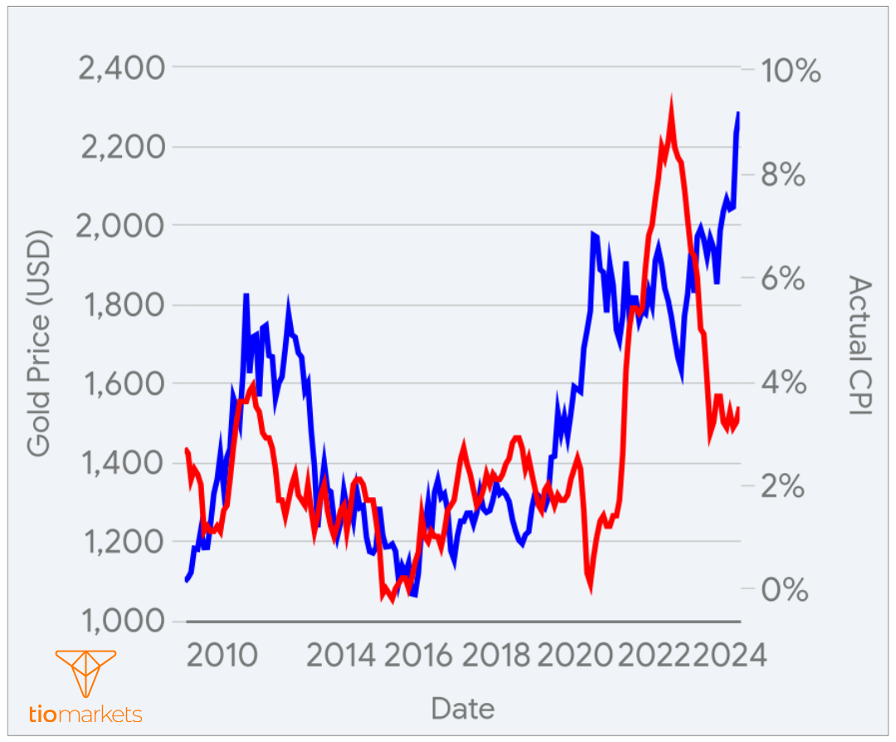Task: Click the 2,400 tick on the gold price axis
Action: tap(121, 67)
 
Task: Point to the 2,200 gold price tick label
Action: tap(121, 147)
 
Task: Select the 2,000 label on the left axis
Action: tap(121, 226)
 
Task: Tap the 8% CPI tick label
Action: tap(784, 175)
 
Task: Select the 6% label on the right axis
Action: tap(784, 279)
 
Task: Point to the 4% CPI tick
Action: tap(784, 383)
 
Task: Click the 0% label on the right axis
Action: tap(784, 590)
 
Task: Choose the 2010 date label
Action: tap(221, 656)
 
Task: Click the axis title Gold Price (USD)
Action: tap(39, 343)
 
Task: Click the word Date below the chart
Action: tap(462, 709)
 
